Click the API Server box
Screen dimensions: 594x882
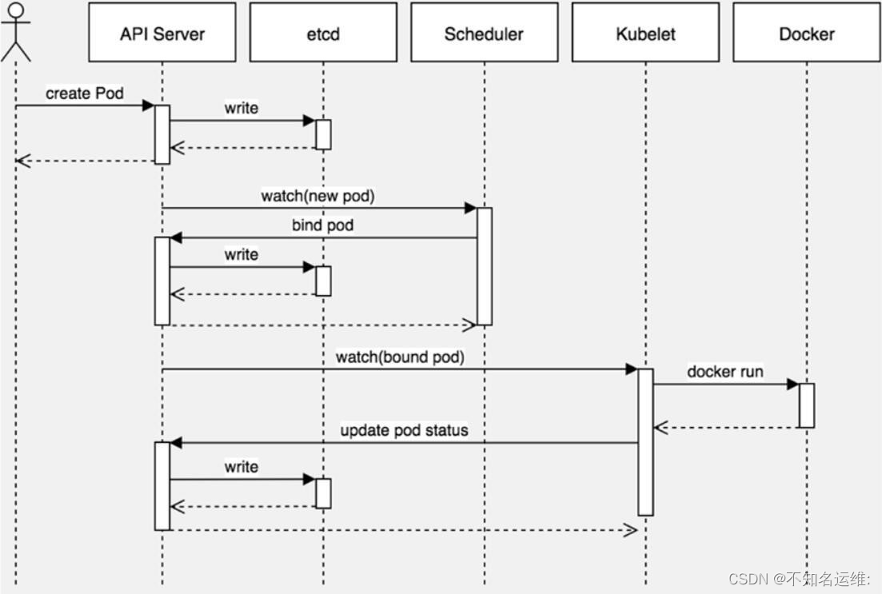pyautogui.click(x=162, y=33)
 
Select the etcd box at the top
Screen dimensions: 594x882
pyautogui.click(x=323, y=33)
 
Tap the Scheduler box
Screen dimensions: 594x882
pyautogui.click(x=484, y=33)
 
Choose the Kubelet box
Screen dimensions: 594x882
pyautogui.click(x=645, y=33)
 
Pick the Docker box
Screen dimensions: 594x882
pyautogui.click(x=806, y=33)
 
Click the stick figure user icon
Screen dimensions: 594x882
pyautogui.click(x=15, y=32)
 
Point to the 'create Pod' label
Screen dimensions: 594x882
pyautogui.click(x=84, y=94)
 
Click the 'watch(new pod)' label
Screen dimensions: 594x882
pyautogui.click(x=317, y=196)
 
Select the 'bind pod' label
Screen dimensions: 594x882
pyautogui.click(x=322, y=225)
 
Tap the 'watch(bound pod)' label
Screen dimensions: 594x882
pyautogui.click(x=399, y=357)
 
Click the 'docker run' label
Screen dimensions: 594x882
pyautogui.click(x=724, y=372)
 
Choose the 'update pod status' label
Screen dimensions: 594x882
pyautogui.click(x=404, y=430)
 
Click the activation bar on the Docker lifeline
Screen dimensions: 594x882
pyautogui.click(x=806, y=405)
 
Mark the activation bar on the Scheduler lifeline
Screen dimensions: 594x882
pyautogui.click(x=484, y=266)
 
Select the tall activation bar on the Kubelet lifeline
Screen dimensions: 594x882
pyautogui.click(x=645, y=441)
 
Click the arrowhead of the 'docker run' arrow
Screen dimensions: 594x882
pyautogui.click(x=792, y=384)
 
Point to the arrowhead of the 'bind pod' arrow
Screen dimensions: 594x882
pyautogui.click(x=177, y=237)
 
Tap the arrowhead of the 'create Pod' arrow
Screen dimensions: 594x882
pyautogui.click(x=148, y=106)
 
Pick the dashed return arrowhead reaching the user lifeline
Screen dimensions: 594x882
pyautogui.click(x=22, y=161)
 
